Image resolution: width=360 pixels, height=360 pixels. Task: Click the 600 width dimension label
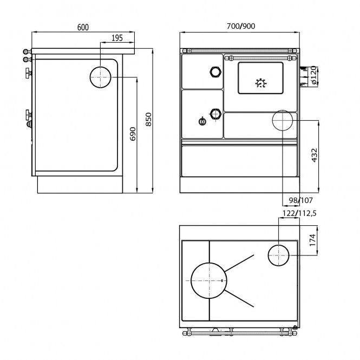point(83,27)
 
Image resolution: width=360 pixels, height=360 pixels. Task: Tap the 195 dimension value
point(117,38)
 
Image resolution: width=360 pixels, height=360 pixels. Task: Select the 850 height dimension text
point(148,120)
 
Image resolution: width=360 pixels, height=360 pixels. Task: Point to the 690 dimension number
point(133,134)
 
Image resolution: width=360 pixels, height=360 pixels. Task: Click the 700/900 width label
point(241,26)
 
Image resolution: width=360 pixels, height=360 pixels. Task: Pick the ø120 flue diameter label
point(314,75)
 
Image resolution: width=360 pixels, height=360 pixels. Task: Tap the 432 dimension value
point(315,155)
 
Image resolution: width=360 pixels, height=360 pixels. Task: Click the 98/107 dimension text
point(301,200)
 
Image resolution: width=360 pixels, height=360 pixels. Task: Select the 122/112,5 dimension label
point(299,213)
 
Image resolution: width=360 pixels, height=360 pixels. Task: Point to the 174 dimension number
point(312,240)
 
